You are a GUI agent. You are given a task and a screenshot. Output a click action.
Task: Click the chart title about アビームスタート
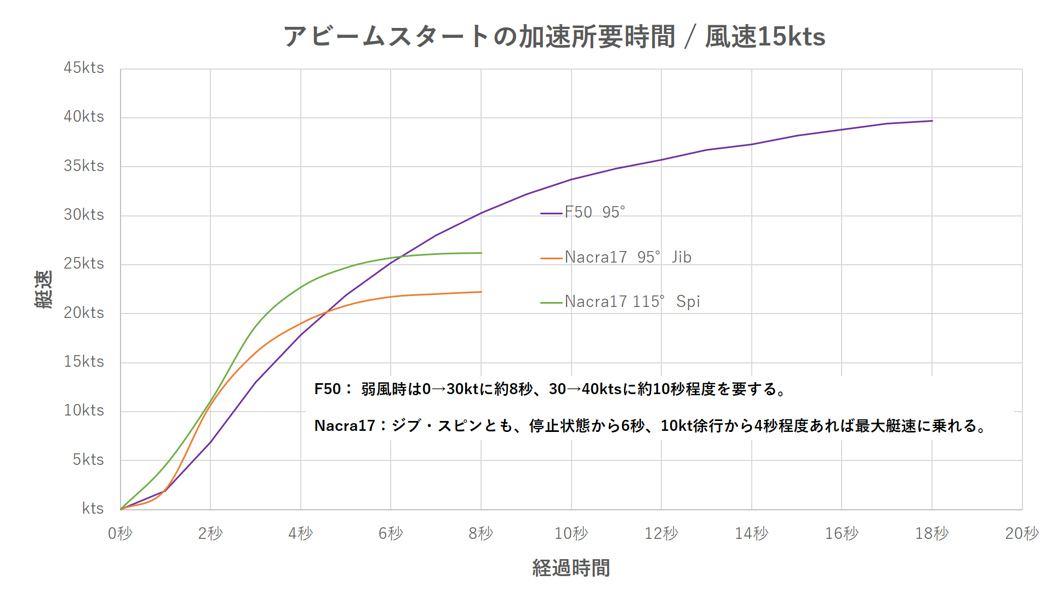pos(554,37)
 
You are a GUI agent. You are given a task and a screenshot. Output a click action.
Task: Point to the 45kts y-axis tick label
pos(84,68)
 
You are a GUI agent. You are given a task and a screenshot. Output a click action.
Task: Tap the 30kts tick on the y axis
pos(84,215)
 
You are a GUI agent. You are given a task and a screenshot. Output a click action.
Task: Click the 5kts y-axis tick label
pos(88,459)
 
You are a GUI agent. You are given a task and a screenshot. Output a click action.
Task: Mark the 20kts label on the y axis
pos(84,312)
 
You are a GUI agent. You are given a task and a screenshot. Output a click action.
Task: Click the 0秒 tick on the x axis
pos(120,533)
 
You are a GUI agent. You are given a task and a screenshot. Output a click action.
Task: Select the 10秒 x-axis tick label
pos(571,533)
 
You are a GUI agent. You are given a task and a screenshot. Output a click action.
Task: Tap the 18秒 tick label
pos(931,533)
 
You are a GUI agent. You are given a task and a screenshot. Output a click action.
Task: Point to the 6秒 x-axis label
pos(391,533)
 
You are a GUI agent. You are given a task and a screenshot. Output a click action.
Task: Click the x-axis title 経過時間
pos(571,568)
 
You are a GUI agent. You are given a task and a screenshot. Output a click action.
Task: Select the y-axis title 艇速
pos(44,289)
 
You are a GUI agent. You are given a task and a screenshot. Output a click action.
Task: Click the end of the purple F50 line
pos(932,121)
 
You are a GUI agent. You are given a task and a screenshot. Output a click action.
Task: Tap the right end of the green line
pos(481,253)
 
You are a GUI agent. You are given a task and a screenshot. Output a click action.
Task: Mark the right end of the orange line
pos(481,292)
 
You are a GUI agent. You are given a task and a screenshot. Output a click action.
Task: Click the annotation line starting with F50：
pos(551,389)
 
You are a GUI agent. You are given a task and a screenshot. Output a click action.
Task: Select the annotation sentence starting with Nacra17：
pos(651,426)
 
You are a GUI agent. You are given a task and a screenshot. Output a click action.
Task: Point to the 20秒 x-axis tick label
pos(1022,533)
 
